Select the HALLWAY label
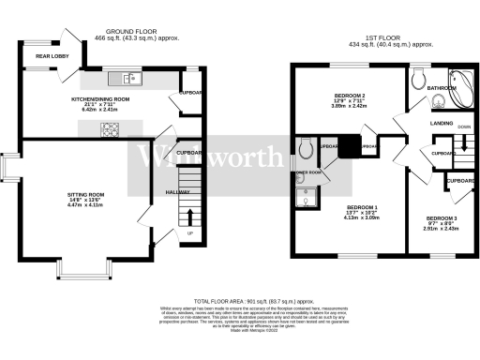tap(177, 191)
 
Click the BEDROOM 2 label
tap(349, 97)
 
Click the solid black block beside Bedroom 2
tap(349, 147)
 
